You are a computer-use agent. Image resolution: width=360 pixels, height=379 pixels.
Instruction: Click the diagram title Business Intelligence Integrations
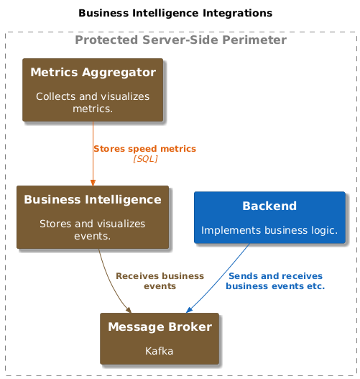coord(175,13)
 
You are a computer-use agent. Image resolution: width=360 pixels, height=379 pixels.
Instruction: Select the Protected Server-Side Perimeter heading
coord(180,40)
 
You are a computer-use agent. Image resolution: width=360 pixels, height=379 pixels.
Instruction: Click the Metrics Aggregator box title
coord(93,72)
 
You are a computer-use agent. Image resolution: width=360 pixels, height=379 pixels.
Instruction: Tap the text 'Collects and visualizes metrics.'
coord(93,103)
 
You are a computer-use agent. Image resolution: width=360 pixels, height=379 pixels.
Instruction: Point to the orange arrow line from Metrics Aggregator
coord(93,154)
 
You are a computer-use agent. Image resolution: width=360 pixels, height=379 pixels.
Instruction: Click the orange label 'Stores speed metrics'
coord(145,149)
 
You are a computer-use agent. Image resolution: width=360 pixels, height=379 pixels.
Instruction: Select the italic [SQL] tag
coord(145,159)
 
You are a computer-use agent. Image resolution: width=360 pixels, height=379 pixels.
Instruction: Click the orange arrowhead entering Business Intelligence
coord(93,183)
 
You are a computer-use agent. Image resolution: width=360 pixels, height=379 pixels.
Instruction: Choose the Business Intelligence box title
coord(93,200)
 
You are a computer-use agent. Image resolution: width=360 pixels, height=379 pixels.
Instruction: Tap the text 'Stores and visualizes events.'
coord(93,230)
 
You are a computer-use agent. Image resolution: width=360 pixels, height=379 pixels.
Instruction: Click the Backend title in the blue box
coord(269,206)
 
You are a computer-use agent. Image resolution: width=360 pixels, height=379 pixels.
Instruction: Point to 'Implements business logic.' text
coord(269,230)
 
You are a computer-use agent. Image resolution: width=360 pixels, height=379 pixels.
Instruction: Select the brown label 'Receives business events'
coord(160,281)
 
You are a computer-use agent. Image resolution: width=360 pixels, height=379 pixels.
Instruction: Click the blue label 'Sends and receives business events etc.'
coord(275,281)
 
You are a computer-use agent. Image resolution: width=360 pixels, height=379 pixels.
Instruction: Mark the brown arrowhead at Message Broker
coord(129,310)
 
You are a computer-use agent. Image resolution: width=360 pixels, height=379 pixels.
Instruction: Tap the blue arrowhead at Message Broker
coord(189,310)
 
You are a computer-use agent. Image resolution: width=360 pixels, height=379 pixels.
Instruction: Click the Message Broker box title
coord(160,327)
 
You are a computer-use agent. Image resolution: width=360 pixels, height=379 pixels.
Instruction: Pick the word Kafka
coord(160,351)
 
